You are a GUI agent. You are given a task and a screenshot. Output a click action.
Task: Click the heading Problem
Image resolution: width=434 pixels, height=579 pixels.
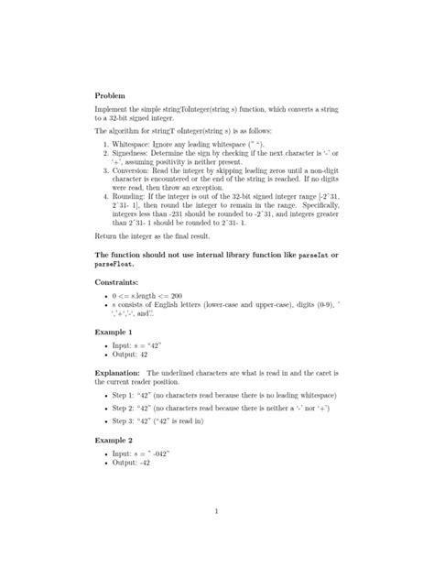(112, 94)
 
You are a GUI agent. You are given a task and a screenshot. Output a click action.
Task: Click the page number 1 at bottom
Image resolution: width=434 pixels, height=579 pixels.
(216, 511)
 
